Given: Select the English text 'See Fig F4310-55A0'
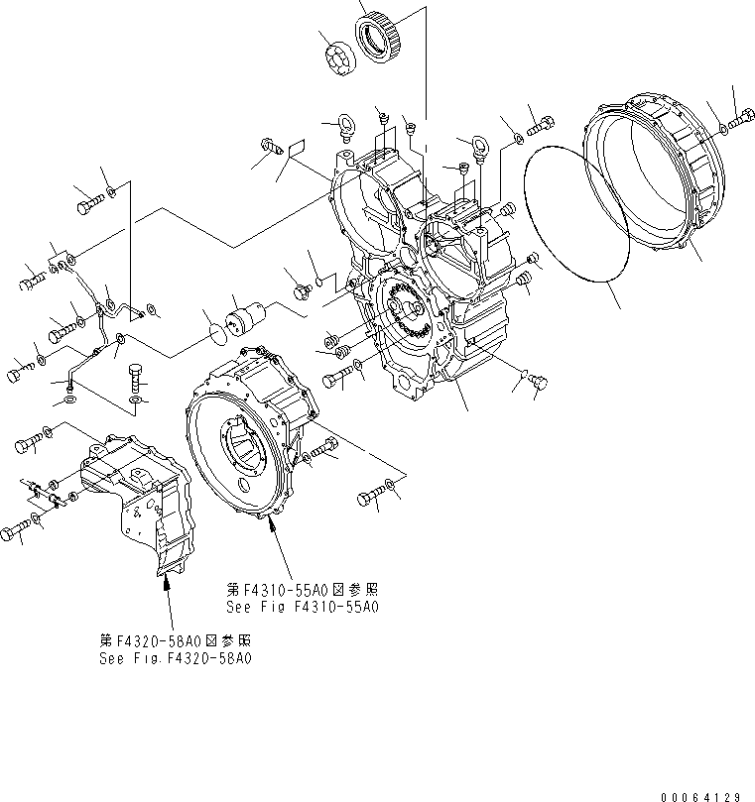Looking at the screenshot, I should click(303, 607).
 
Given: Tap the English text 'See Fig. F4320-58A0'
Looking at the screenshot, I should click(175, 657).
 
